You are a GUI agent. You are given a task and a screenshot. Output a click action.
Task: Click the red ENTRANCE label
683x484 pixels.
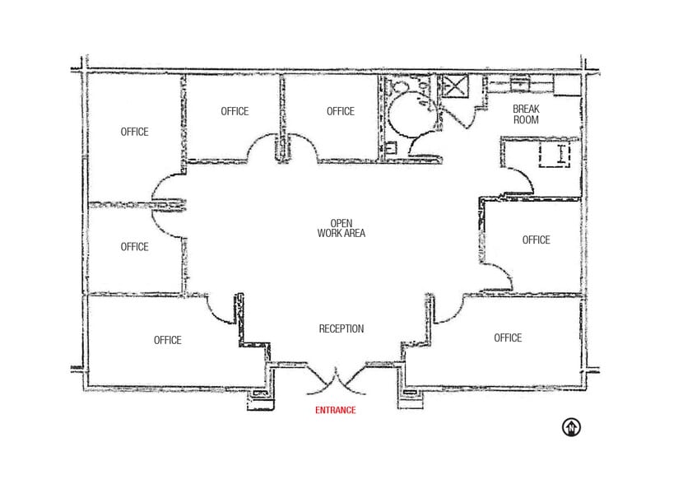point(336,410)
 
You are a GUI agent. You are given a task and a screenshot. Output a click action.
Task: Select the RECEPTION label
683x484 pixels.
point(341,329)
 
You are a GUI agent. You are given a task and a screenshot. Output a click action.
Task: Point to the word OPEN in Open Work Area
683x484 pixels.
point(341,223)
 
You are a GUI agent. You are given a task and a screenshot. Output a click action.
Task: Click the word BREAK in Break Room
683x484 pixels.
point(526,109)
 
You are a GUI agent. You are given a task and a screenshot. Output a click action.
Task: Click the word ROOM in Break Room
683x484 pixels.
point(526,120)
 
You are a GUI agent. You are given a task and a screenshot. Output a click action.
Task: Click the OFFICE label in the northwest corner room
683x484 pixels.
point(134,132)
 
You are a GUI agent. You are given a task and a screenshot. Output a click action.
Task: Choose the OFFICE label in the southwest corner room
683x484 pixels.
point(167,340)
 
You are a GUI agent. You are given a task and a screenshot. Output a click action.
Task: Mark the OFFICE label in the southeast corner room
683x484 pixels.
point(508,337)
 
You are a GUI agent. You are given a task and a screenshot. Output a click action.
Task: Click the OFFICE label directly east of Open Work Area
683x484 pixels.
point(536,240)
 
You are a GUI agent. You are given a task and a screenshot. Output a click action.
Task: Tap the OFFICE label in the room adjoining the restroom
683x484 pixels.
point(341,111)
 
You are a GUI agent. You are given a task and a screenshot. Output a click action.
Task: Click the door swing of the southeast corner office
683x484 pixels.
point(448,309)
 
